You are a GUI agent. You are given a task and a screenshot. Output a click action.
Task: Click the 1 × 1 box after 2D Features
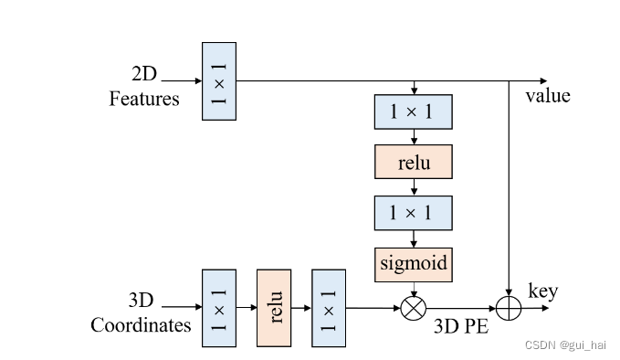pyautogui.click(x=218, y=80)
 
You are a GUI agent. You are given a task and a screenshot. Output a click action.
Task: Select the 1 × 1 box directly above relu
pyautogui.click(x=414, y=111)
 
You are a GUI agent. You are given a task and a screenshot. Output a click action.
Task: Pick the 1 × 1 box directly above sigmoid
pyautogui.click(x=414, y=212)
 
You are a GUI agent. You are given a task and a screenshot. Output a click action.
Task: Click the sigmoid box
pyautogui.click(x=414, y=263)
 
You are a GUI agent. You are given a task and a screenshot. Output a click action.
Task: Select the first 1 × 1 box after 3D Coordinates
pyautogui.click(x=218, y=308)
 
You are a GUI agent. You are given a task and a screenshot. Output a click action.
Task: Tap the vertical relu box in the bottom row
pyautogui.click(x=273, y=308)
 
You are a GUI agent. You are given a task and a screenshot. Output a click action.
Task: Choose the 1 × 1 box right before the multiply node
pyautogui.click(x=329, y=308)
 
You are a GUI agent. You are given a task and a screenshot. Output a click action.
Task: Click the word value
pyautogui.click(x=548, y=96)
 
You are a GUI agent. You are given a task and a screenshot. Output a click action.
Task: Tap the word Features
pyautogui.click(x=144, y=99)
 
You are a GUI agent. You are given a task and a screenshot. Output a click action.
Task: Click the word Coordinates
pyautogui.click(x=141, y=325)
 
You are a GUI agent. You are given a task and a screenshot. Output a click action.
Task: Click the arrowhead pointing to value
pyautogui.click(x=544, y=80)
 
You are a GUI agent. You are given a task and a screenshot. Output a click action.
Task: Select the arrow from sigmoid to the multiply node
pyautogui.click(x=415, y=287)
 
